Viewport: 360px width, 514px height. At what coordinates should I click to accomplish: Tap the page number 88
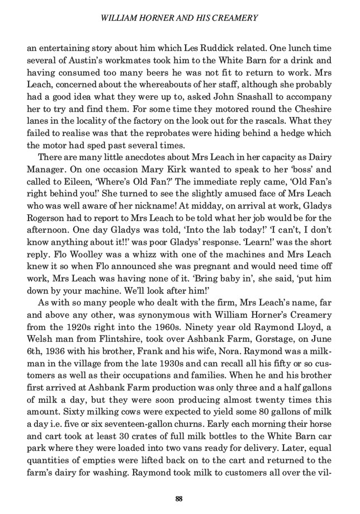tap(179, 498)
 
